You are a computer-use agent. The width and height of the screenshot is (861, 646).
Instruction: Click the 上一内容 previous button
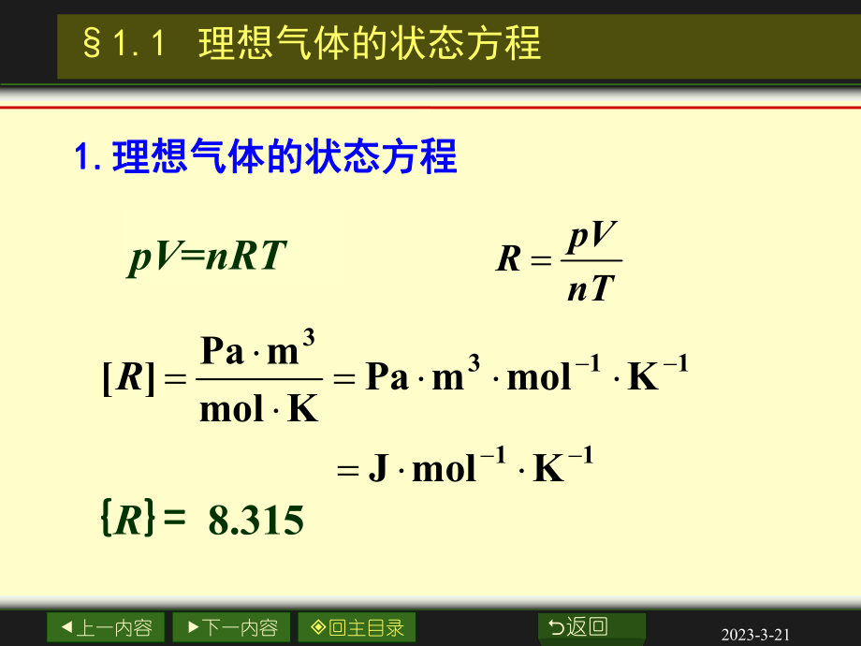[x=106, y=627]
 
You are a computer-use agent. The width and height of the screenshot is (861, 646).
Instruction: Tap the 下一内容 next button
[x=231, y=627]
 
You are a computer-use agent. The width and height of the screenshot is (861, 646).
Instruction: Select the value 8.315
[x=256, y=521]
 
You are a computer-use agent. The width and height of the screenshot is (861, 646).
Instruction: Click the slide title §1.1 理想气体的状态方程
[x=313, y=44]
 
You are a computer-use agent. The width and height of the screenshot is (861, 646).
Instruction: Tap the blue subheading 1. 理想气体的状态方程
[x=266, y=157]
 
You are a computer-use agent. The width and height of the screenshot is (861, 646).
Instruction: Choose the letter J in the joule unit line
[x=378, y=468]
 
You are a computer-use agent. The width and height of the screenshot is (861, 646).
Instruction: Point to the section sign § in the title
[x=91, y=45]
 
